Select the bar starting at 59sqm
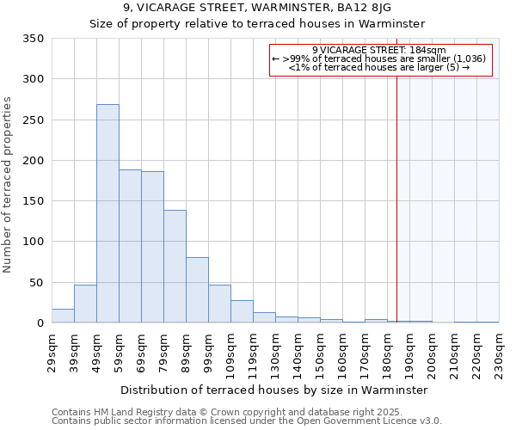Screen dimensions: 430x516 pos(130,246)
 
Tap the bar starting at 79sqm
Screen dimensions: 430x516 pos(175,267)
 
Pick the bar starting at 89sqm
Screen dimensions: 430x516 pos(197,290)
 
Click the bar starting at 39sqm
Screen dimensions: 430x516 pos(85,304)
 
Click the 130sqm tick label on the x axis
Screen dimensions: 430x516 pos(276,354)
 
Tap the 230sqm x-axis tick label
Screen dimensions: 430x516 pos(500,354)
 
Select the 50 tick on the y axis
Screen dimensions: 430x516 pos(36,282)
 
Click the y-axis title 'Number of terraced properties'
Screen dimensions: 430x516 pos(9,185)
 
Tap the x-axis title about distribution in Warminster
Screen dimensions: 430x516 pos(274,390)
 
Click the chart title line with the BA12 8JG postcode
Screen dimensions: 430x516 pos(257,7)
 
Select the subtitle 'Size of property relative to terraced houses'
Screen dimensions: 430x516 pos(257,23)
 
